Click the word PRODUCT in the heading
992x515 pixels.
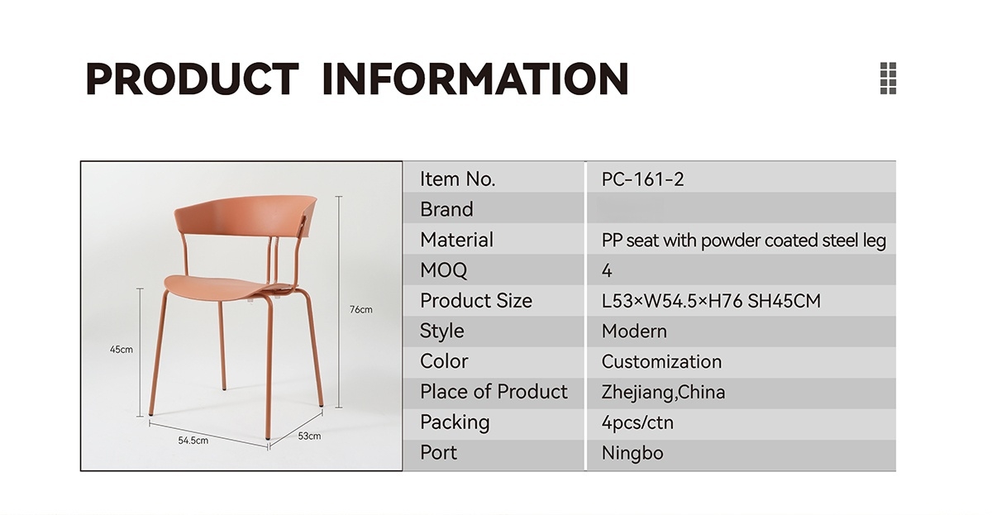tap(192, 79)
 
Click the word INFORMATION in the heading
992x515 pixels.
tap(475, 79)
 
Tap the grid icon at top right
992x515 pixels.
tap(888, 78)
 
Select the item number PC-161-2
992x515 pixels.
tap(642, 179)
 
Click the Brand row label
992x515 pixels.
tap(446, 209)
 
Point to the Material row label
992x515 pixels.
tap(456, 240)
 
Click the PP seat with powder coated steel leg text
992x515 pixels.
tap(743, 241)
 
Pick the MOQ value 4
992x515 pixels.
tap(607, 270)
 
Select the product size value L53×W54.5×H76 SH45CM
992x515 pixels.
tap(711, 301)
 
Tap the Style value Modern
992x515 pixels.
tap(634, 331)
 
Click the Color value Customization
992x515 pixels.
tap(661, 362)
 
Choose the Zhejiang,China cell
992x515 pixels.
tap(663, 393)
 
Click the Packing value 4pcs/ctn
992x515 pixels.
tap(637, 423)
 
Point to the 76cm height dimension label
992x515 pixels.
tap(361, 309)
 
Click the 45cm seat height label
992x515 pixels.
tap(122, 350)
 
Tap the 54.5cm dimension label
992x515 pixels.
tap(193, 441)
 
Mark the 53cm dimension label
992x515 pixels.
tap(309, 436)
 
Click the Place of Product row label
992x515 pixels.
tap(494, 392)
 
